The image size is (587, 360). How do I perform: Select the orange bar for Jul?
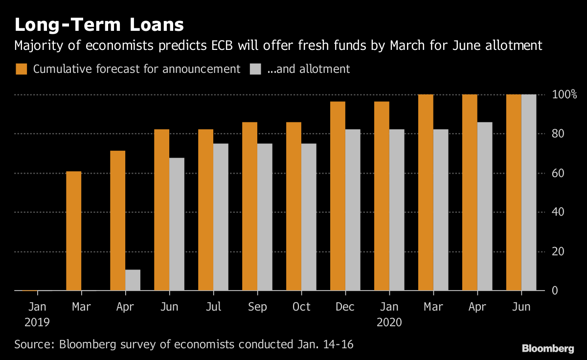206,210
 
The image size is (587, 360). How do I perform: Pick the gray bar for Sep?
265,217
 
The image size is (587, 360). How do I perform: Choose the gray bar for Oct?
309,217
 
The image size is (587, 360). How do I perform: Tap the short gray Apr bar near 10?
133,280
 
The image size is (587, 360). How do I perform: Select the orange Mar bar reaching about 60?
74,231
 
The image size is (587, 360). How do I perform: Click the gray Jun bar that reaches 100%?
529,193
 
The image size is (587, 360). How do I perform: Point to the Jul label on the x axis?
213,307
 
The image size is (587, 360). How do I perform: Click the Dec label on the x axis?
345,307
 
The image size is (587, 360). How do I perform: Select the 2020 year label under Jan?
389,322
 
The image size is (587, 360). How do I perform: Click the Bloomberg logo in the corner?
548,348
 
